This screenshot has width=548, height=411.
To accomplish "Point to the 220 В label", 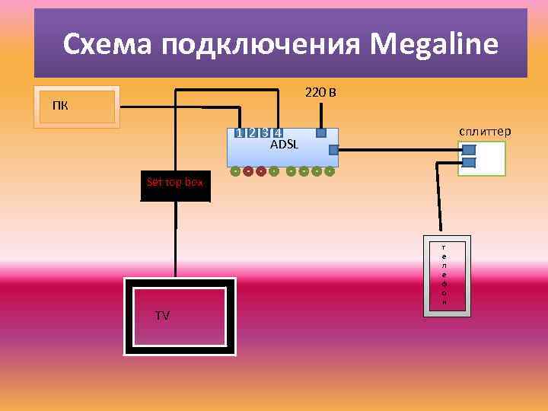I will [321, 93].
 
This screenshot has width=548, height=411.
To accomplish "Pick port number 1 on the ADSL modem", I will [240, 133].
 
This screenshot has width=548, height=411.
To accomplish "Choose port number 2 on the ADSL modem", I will [252, 133].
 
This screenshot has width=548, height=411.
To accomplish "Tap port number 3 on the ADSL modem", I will [265, 133].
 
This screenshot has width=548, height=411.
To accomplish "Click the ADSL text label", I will [285, 144].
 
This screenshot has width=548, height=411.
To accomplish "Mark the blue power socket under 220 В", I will [321, 133].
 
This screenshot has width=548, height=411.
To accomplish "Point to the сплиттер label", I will [485, 131].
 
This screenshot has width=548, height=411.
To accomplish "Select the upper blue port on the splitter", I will [469, 150].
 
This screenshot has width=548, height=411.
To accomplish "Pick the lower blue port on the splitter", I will [469, 162].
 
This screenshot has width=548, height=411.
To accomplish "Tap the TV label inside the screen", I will [162, 315].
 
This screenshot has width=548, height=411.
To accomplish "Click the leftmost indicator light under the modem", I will [236, 170].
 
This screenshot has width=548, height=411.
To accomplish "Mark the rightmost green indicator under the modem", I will [330, 170].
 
